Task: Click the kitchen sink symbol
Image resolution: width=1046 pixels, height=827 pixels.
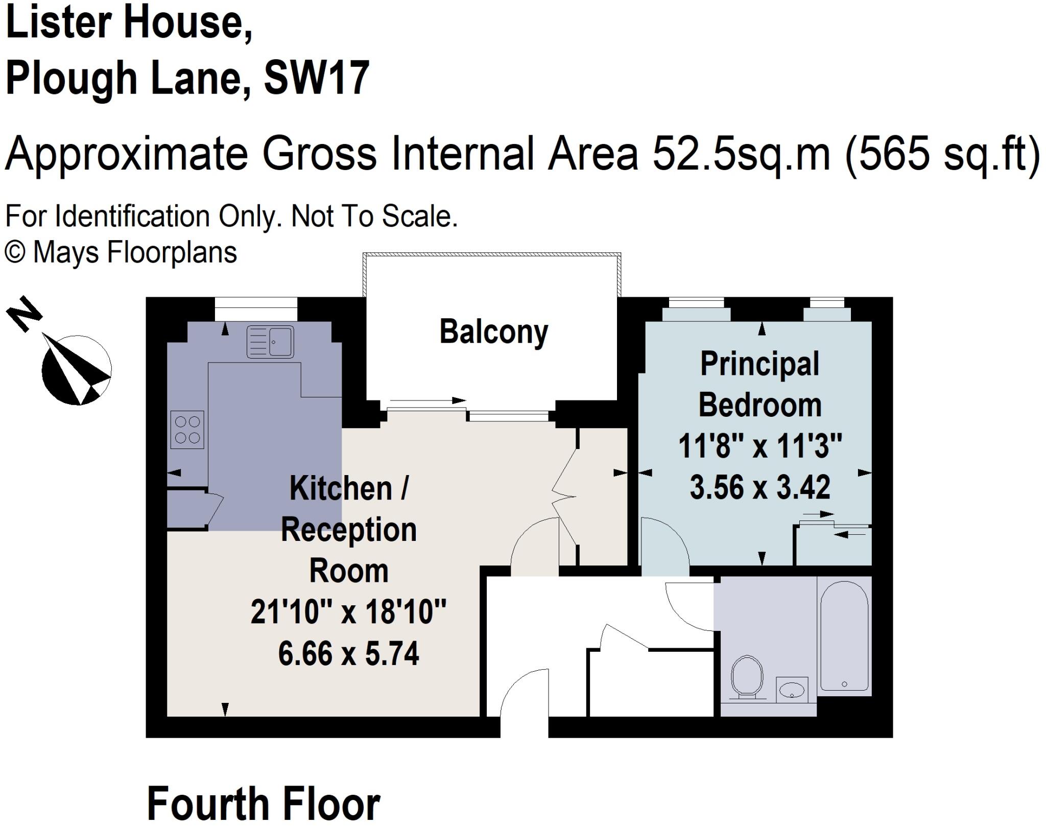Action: pos(270,342)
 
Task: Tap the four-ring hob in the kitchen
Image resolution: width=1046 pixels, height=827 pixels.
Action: pos(187,430)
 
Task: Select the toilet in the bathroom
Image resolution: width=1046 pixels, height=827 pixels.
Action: pos(747,677)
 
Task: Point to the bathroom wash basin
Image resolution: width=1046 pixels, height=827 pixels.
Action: pos(792,690)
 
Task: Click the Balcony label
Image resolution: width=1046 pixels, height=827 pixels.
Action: pos(493,332)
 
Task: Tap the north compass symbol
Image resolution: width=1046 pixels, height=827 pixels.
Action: pos(77,370)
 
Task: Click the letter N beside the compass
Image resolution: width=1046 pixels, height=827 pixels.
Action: pos(23,313)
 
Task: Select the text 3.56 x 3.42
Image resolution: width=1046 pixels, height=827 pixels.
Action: pos(759,487)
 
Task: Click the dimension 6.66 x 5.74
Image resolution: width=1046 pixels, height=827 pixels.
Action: pos(348,653)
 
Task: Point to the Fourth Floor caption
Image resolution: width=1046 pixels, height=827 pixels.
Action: pos(264,804)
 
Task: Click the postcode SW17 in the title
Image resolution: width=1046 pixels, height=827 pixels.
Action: pos(316,78)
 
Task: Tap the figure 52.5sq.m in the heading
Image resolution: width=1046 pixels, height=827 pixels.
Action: pos(741,153)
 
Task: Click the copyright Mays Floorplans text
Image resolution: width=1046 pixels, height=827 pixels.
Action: pos(121,252)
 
